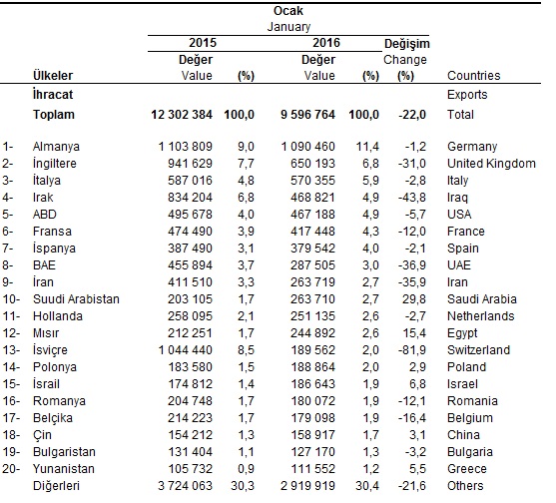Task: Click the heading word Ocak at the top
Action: click(x=288, y=10)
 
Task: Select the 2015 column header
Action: click(x=202, y=43)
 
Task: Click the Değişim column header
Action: click(x=405, y=43)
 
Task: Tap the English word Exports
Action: click(x=469, y=95)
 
